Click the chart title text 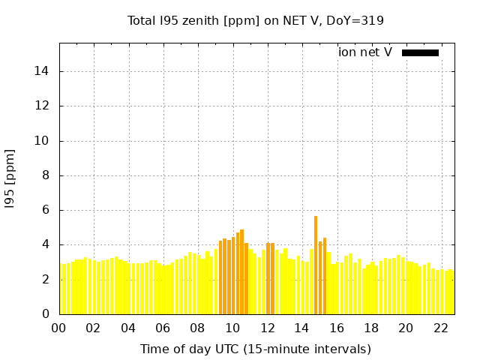click(x=255, y=20)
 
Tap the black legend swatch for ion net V click(x=420, y=52)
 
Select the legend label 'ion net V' click(x=365, y=52)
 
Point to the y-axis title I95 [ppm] click(x=10, y=178)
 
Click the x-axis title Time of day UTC click(x=255, y=349)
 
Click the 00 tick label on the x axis click(x=58, y=328)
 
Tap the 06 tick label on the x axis click(x=163, y=328)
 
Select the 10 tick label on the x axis click(x=232, y=328)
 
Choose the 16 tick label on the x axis click(x=337, y=328)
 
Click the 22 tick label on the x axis click(x=441, y=328)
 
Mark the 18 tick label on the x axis click(x=371, y=328)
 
